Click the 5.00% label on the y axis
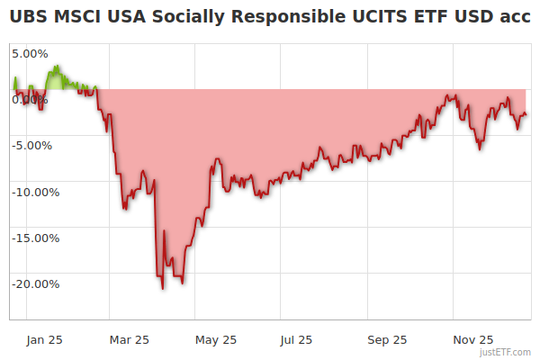(x=30, y=53)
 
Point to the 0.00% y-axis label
(x=30, y=99)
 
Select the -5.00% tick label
(x=33, y=145)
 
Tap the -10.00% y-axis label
(x=36, y=192)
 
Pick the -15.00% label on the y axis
(x=36, y=238)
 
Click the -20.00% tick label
(x=36, y=284)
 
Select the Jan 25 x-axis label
(x=43, y=339)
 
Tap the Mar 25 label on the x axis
(x=129, y=339)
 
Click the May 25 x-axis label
(x=216, y=339)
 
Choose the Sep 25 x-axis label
(x=388, y=339)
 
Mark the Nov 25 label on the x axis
(x=473, y=339)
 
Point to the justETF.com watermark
(x=505, y=352)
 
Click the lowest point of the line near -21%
(x=163, y=289)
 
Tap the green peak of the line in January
(x=57, y=66)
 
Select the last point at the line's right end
(x=526, y=113)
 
